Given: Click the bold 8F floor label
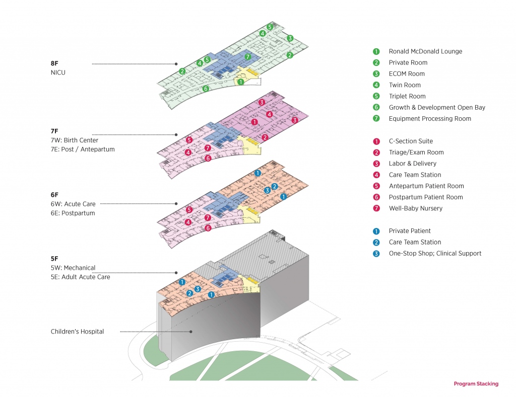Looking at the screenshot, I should tap(55, 64).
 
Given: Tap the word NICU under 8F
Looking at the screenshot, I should tap(58, 72).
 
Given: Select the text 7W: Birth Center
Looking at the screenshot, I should tap(75, 140).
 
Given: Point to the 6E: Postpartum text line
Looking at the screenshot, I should tap(73, 213).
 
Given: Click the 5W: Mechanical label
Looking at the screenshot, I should tap(73, 268).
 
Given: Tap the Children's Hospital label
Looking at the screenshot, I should tap(77, 332).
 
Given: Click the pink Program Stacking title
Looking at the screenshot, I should tap(476, 384).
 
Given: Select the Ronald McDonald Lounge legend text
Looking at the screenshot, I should tap(425, 51).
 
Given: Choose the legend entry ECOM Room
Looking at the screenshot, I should tap(407, 74).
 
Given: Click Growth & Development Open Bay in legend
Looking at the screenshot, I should tap(437, 108).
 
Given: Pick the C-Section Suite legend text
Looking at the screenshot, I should tap(411, 141).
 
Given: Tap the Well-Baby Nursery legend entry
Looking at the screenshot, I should tap(415, 208).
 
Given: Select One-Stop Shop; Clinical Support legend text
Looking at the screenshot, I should tap(435, 254).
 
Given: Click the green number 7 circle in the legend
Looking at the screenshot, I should tap(376, 119).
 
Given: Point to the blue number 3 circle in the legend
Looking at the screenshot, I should tap(376, 254).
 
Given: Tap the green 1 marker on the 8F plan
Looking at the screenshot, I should tap(241, 82).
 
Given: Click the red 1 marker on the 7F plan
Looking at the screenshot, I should tap(254, 122).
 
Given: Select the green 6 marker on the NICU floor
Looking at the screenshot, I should tap(206, 89).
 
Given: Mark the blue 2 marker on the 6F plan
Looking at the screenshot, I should tap(274, 187).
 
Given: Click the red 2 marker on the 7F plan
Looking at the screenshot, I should tap(265, 137).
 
